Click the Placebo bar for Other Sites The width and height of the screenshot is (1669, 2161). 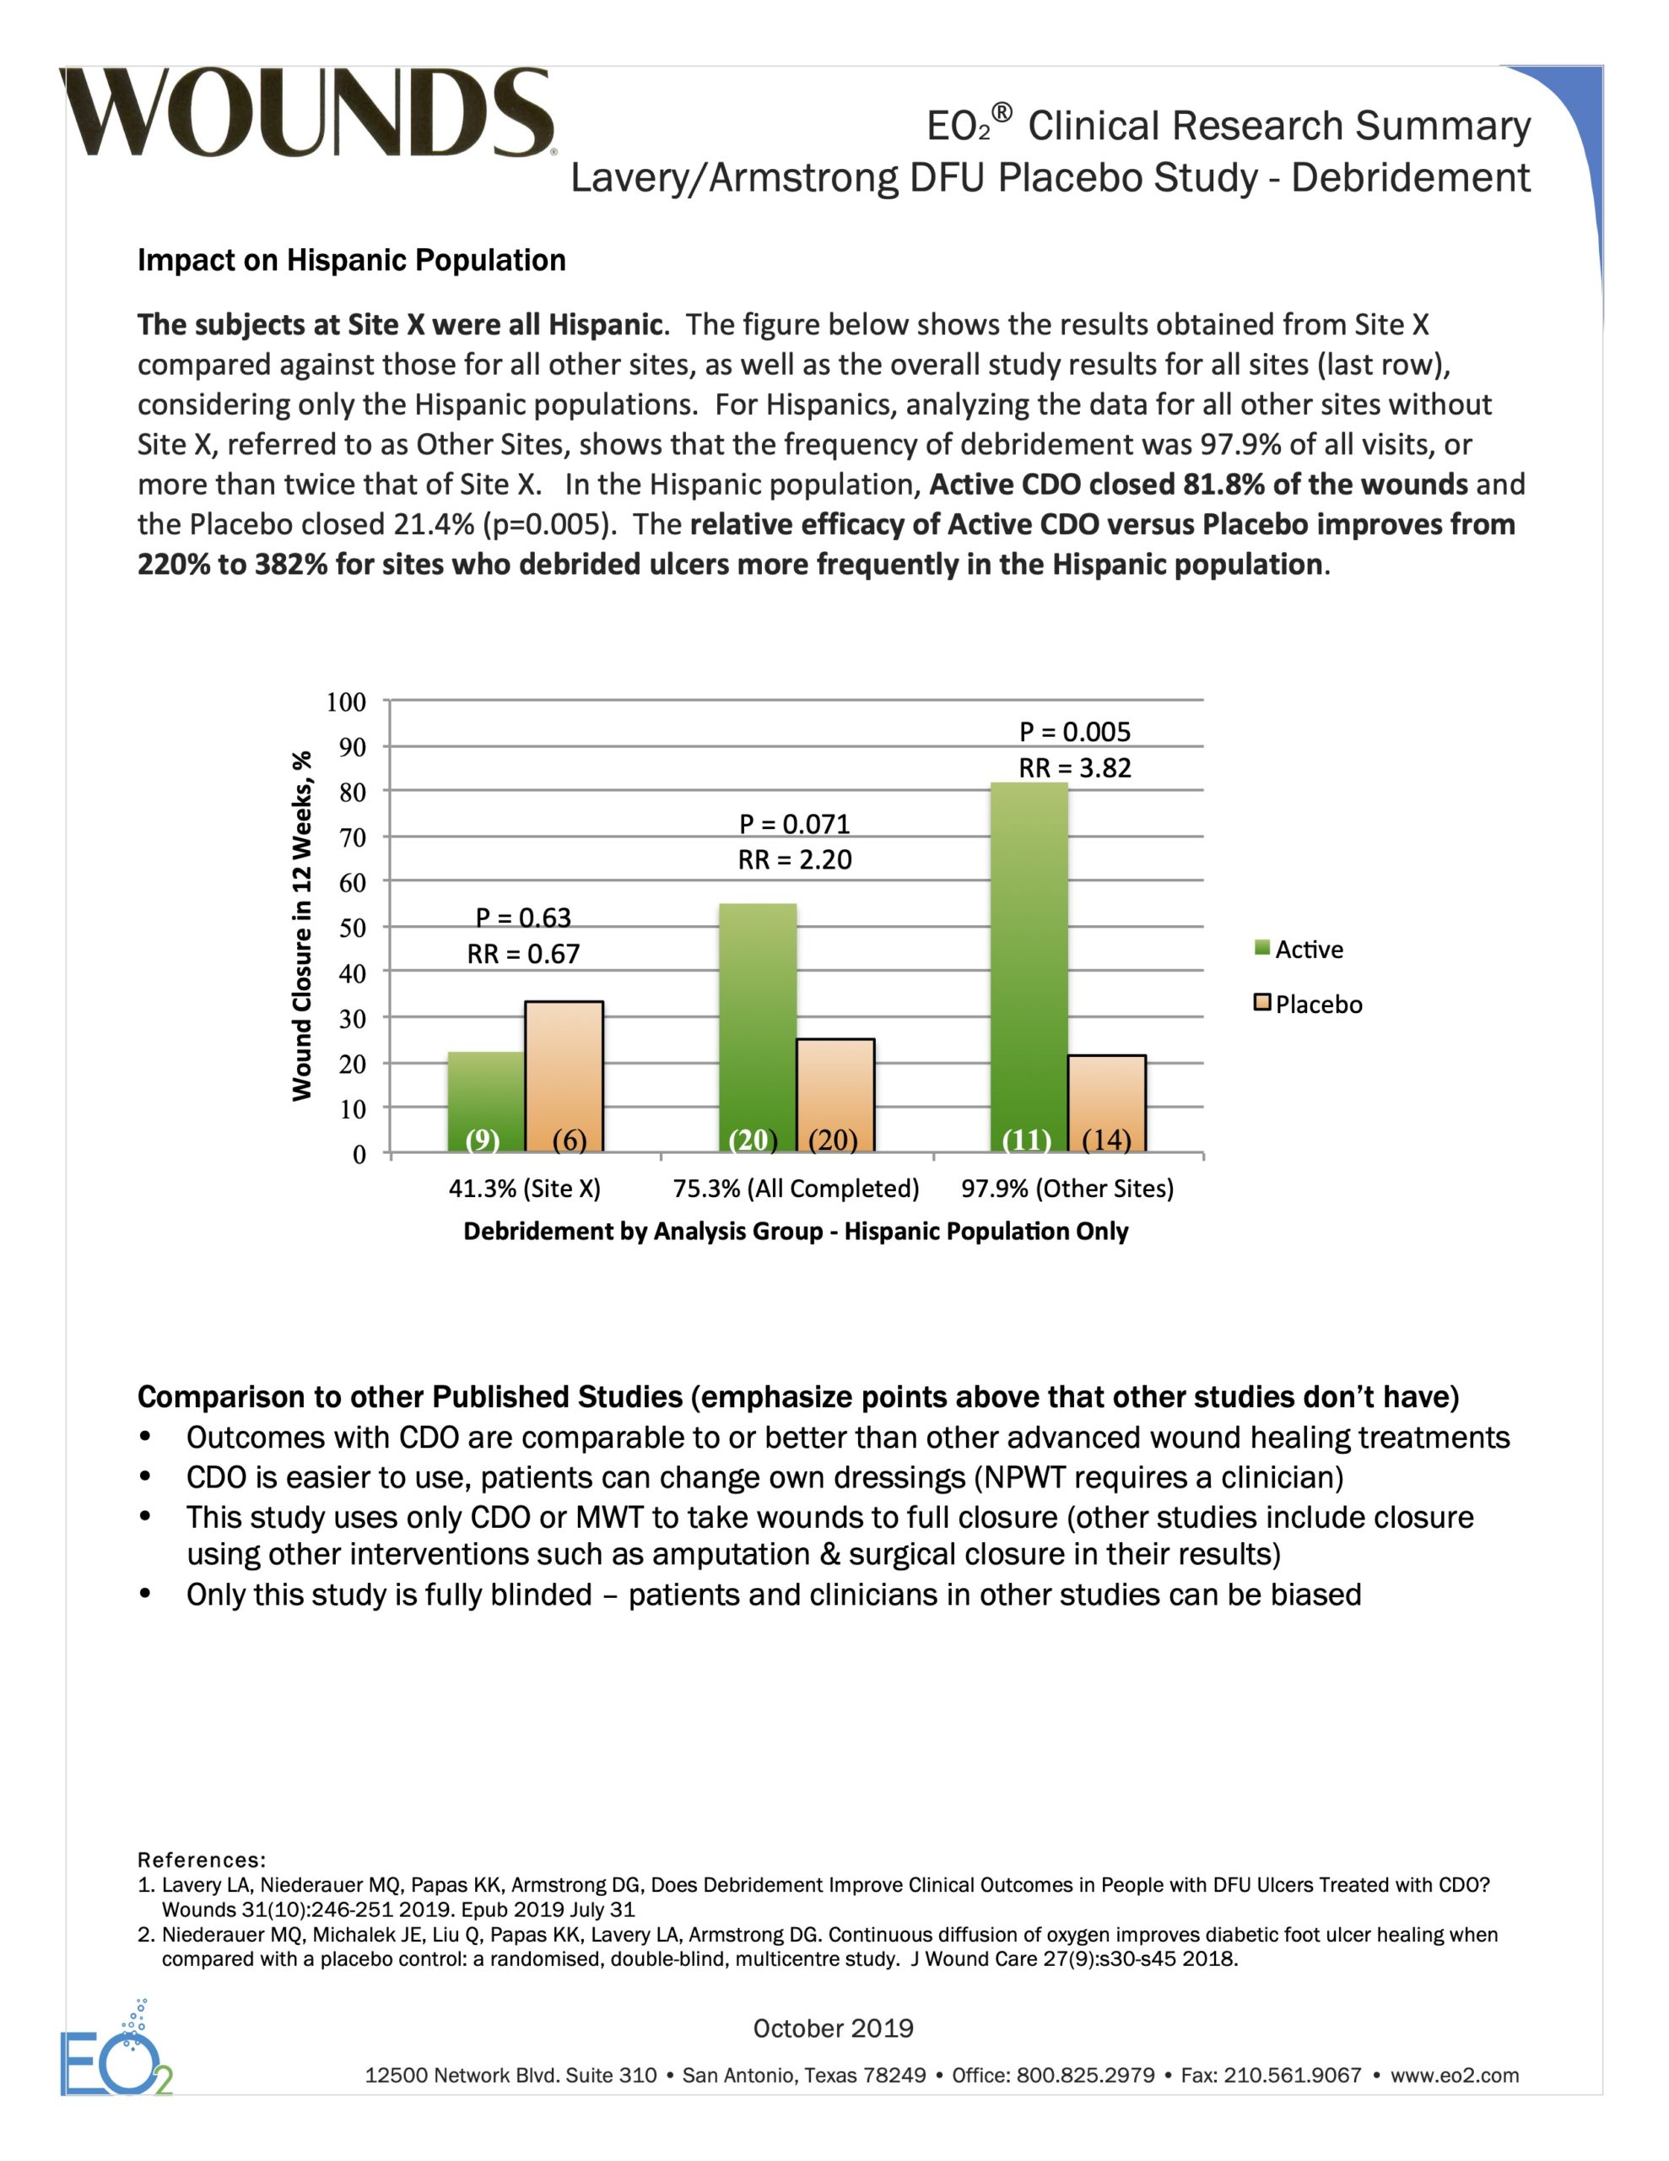[1107, 1103]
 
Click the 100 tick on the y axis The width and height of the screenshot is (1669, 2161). [346, 702]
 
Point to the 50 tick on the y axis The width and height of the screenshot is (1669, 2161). [352, 928]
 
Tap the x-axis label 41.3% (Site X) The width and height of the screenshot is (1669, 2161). [524, 1189]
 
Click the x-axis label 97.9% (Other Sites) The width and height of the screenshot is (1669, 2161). [1067, 1189]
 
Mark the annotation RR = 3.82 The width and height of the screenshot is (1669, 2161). [1074, 768]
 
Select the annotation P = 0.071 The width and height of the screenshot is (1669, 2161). [795, 824]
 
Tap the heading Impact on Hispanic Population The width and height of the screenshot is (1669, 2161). [351, 260]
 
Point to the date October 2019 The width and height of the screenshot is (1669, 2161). [833, 2028]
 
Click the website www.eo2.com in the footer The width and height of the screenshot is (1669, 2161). [1455, 2076]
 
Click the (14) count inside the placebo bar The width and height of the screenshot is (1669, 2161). [1106, 1140]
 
